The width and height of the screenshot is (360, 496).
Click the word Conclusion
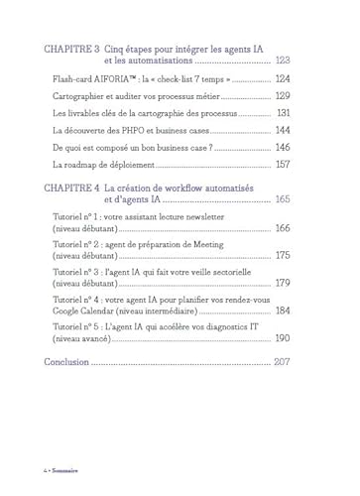pos(72,362)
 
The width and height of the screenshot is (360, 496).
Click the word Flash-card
pos(73,78)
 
